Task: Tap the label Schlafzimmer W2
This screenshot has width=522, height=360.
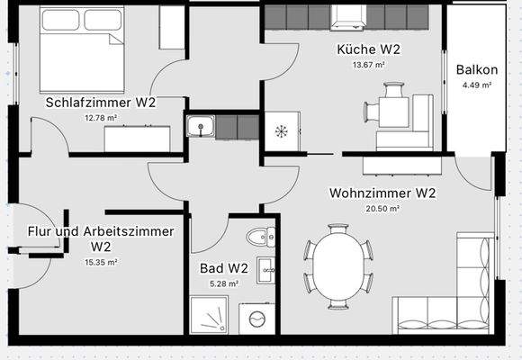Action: click(x=101, y=103)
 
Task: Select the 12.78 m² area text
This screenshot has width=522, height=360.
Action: click(x=101, y=118)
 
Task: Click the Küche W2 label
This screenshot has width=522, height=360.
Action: click(x=368, y=49)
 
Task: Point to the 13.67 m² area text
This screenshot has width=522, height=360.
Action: click(x=368, y=65)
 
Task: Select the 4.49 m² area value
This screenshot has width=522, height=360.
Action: click(x=477, y=85)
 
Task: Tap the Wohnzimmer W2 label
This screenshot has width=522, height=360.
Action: click(x=382, y=193)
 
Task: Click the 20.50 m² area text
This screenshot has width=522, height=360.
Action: click(x=382, y=208)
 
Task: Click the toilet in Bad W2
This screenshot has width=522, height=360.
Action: click(x=259, y=237)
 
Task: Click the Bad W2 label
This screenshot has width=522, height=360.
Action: click(x=223, y=268)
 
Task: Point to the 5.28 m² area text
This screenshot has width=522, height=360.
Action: click(x=223, y=283)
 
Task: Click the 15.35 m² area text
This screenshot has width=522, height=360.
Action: click(x=101, y=263)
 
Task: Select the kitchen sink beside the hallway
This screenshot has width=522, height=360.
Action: click(x=200, y=126)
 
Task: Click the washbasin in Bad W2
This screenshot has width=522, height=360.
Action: click(x=265, y=268)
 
